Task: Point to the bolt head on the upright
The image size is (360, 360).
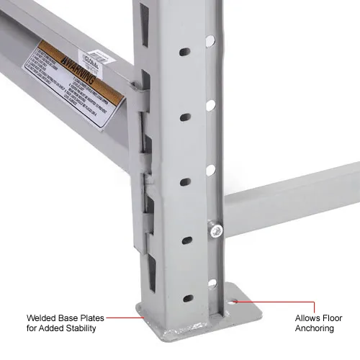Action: (215, 229)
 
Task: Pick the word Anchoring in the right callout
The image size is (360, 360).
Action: (315, 328)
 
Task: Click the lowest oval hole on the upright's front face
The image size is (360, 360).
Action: (187, 298)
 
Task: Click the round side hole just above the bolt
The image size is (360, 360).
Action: (211, 171)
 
